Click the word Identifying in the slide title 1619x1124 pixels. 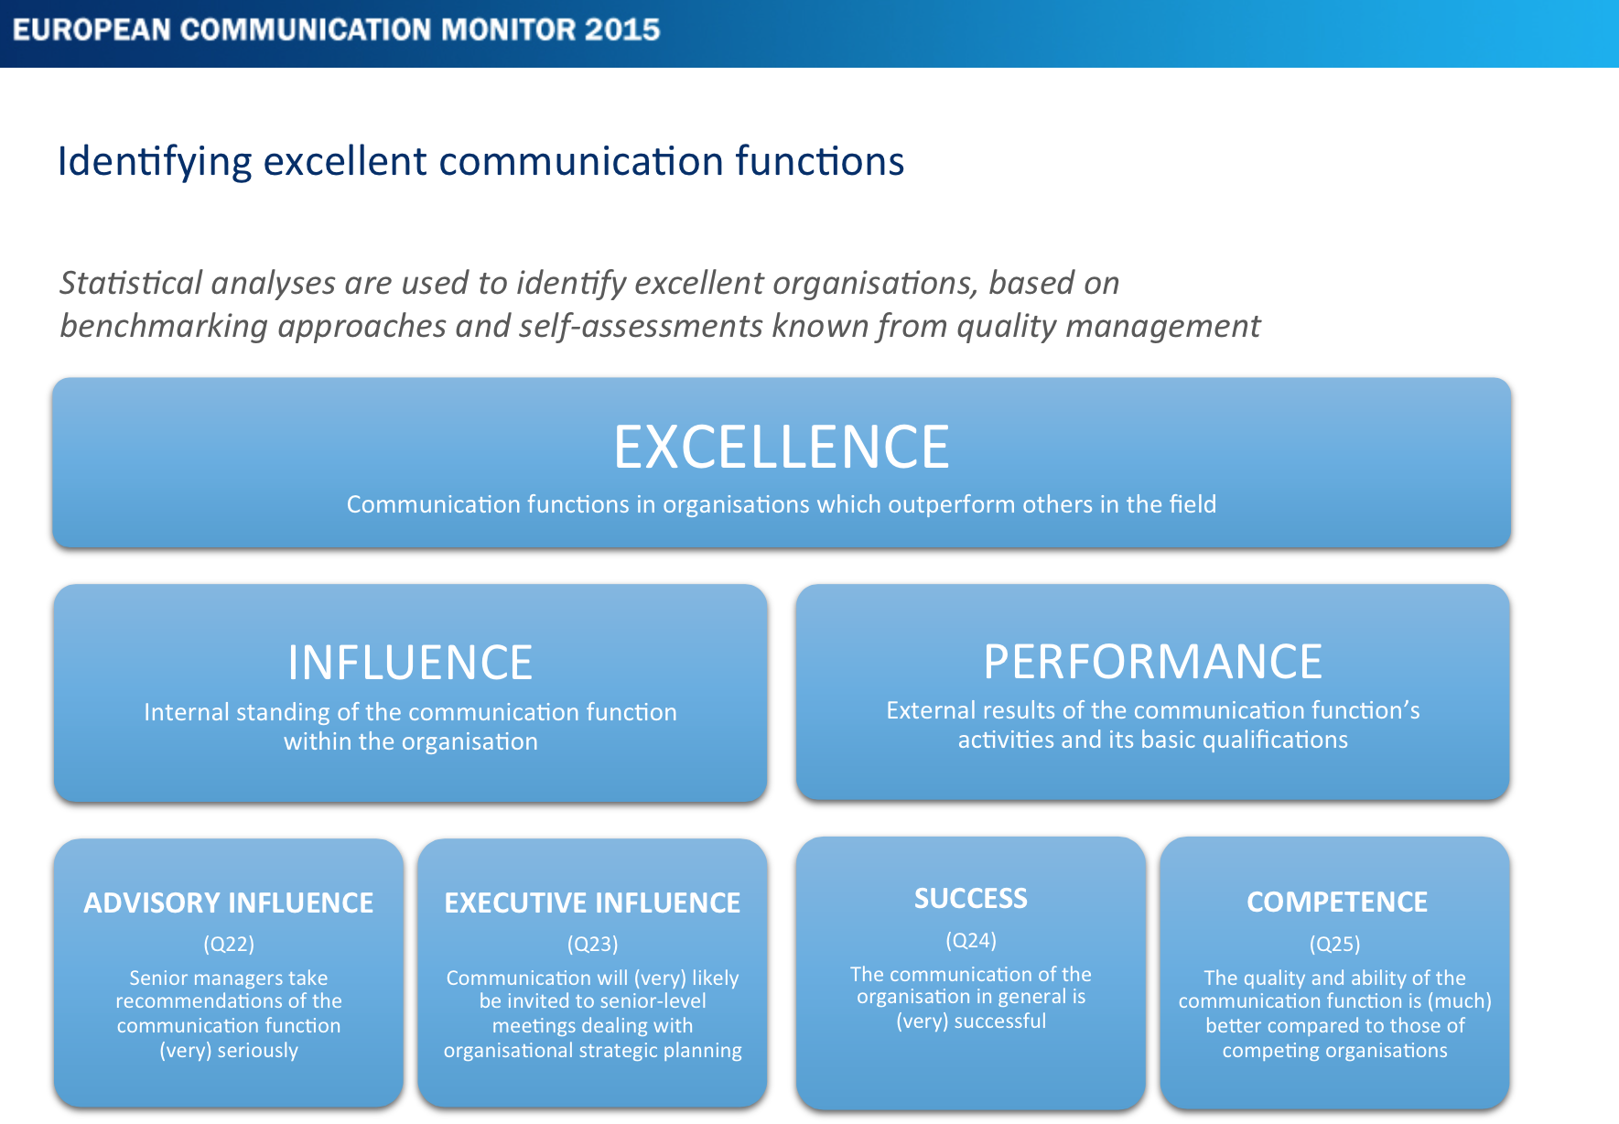[154, 162]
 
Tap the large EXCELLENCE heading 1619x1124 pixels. [782, 447]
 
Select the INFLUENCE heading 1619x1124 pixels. [410, 663]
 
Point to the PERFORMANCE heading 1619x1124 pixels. [1152, 661]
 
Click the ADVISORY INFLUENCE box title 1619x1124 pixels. [229, 902]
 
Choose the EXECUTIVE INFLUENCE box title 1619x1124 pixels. [592, 902]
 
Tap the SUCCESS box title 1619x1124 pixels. [971, 899]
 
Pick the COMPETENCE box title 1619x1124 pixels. [1336, 902]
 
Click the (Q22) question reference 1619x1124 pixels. [229, 944]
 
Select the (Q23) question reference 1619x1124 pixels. [592, 944]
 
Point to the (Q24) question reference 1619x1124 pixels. [971, 940]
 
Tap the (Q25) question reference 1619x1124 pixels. [1334, 944]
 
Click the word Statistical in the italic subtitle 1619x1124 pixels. [130, 283]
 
